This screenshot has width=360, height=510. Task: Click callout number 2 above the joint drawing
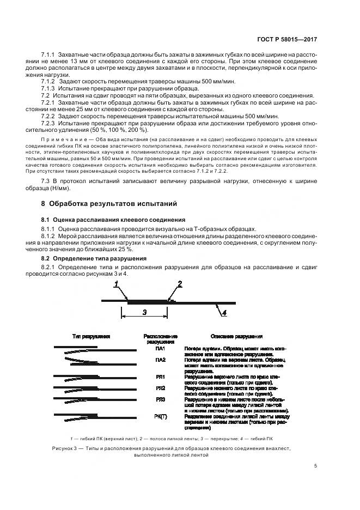tap(179, 284)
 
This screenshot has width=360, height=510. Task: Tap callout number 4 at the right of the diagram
tap(224, 312)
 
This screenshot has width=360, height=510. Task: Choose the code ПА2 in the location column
tap(160, 360)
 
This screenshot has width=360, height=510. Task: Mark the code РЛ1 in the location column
tap(160, 377)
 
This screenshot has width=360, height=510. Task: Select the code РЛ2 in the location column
tap(160, 388)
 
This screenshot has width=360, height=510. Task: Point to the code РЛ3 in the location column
tap(160, 400)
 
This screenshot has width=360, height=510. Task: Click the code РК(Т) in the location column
tap(160, 416)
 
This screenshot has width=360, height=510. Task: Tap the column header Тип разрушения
tap(91, 337)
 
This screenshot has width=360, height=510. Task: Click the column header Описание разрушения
tap(236, 337)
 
